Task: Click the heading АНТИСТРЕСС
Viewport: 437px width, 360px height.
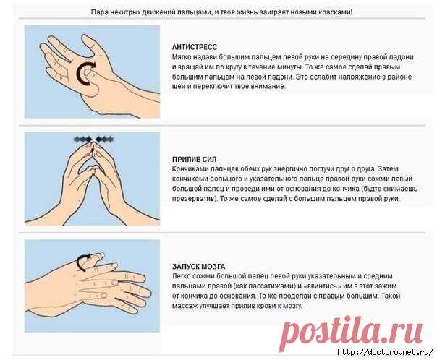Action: (194, 47)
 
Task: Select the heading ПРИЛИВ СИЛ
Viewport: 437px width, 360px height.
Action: (194, 160)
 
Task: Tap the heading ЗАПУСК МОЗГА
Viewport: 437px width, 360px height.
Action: (198, 267)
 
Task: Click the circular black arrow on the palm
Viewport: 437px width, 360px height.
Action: (85, 73)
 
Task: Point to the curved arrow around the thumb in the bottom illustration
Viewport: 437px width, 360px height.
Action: (82, 262)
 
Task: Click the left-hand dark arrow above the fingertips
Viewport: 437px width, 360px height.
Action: (83, 139)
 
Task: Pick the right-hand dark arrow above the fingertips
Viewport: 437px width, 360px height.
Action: (104, 139)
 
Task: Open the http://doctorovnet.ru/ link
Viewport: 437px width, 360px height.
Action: (385, 352)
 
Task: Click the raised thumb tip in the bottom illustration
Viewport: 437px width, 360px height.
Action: (98, 255)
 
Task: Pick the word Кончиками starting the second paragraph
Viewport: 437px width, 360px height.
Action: (190, 168)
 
